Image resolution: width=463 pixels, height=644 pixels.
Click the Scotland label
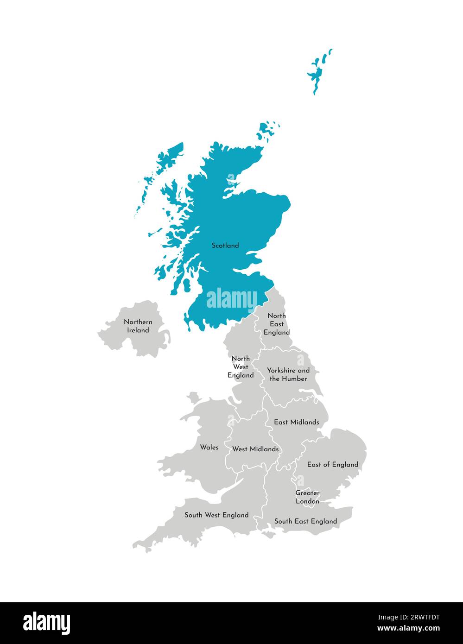tap(225, 246)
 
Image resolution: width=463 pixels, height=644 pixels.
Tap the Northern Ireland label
tap(138, 326)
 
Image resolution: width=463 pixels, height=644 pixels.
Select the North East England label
tap(277, 324)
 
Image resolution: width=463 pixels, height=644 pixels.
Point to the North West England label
tap(241, 366)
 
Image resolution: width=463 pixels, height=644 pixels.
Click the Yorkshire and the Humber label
tap(288, 374)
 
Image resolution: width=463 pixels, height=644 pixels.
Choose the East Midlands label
tap(296, 422)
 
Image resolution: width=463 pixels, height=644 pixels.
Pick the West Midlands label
tap(255, 449)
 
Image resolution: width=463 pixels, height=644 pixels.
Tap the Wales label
tap(209, 447)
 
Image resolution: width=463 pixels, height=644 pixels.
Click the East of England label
tap(333, 464)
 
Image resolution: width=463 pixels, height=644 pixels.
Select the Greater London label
tap(307, 497)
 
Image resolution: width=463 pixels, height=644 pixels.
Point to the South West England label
tap(216, 515)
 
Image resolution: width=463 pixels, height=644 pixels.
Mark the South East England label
tap(305, 521)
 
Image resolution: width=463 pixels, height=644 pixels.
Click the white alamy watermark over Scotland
tap(231, 299)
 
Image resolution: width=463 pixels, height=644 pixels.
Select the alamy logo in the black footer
tap(47, 623)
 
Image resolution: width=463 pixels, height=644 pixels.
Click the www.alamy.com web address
tap(408, 629)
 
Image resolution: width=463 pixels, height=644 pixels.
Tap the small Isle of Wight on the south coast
tap(268, 534)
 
